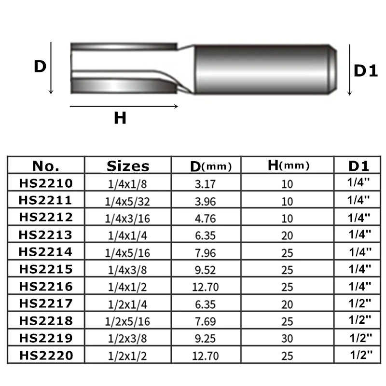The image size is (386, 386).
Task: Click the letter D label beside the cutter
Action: pos(40,67)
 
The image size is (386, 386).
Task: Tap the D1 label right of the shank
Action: pos(366,71)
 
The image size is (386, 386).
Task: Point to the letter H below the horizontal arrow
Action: pos(120,118)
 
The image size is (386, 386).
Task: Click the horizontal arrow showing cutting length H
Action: pos(124,106)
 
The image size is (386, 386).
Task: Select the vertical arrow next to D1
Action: pos(349,70)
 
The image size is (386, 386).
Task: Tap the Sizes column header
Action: pos(128,166)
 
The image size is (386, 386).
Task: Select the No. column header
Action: pos(46,166)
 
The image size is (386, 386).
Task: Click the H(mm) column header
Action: pos(288,165)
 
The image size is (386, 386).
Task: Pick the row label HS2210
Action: pos(46,183)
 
